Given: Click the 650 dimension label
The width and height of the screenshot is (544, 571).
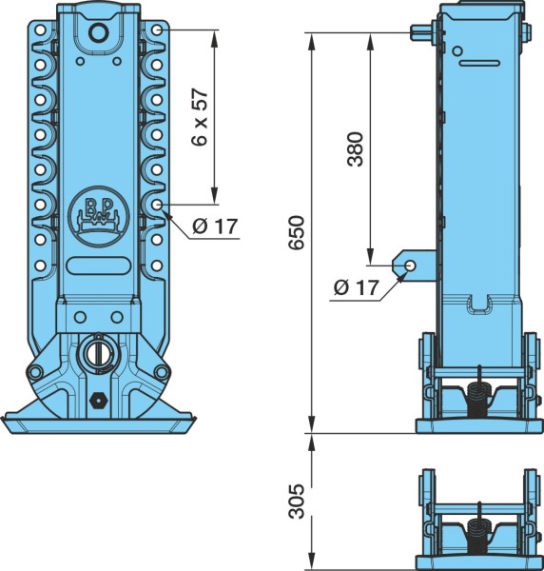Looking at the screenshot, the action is [296, 232].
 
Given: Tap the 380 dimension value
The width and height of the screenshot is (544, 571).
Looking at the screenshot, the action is [355, 149].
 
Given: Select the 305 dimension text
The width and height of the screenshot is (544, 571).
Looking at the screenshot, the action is [296, 502].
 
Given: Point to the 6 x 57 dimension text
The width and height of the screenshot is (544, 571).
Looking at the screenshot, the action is [200, 116].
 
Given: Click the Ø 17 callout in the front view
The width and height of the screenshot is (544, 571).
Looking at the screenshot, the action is [215, 226].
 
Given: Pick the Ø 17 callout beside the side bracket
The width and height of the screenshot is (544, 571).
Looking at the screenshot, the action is [357, 287].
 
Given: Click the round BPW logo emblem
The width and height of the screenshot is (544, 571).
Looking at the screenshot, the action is [98, 216].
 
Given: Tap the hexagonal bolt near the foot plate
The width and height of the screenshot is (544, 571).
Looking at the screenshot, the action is [98, 401].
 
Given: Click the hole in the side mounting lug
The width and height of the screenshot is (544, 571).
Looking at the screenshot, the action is [411, 266].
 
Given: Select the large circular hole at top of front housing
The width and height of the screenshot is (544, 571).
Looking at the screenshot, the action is [99, 33].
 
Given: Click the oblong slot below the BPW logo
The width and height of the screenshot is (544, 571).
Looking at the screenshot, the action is [98, 266].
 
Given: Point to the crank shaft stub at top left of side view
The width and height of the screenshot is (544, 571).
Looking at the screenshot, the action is [422, 32].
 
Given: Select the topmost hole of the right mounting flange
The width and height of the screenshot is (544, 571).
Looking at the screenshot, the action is [157, 30].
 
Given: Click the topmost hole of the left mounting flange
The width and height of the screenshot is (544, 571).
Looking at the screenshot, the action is [40, 30].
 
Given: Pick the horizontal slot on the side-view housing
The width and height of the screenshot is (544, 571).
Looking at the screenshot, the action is [479, 63].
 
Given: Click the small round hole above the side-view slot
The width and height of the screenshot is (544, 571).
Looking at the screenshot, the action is [457, 51].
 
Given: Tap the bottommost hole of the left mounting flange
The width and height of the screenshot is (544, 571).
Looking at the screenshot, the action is [40, 266].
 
